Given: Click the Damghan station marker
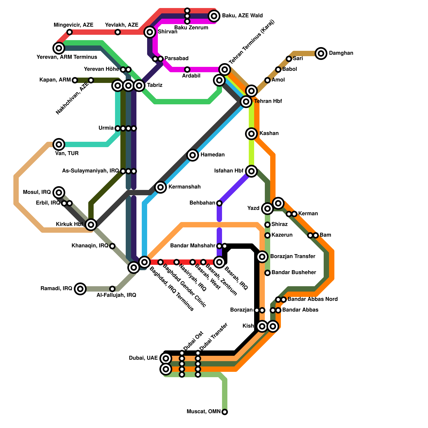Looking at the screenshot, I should (321, 53).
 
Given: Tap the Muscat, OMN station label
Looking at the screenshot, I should (204, 412).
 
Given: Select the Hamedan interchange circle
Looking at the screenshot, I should (193, 155).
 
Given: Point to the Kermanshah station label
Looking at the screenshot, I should (185, 187).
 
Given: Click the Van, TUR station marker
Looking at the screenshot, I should (59, 144).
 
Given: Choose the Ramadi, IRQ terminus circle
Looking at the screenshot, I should (80, 289).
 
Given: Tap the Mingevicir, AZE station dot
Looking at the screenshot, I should (70, 32).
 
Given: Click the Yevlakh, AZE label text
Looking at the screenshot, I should (121, 25).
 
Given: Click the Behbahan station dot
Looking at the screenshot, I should (219, 203).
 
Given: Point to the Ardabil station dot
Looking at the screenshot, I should (187, 70).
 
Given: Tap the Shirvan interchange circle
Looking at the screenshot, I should (150, 32).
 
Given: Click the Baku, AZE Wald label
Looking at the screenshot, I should (242, 16).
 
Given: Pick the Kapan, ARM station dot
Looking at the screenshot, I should (75, 80).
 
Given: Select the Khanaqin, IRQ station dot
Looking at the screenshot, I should (112, 246).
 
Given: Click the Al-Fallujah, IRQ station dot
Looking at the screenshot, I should (112, 289).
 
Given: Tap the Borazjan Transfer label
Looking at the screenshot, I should (293, 257).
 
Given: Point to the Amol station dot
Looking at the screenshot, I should (267, 80).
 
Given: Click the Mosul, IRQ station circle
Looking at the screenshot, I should (59, 192).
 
